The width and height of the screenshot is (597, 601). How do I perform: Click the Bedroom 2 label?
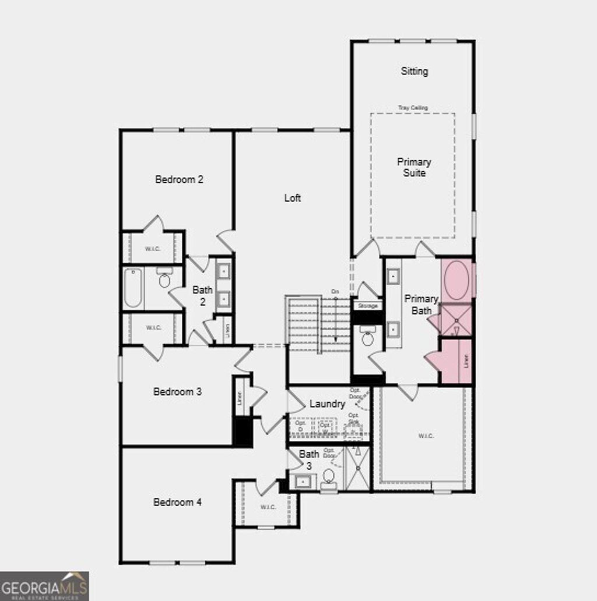pyautogui.click(x=179, y=179)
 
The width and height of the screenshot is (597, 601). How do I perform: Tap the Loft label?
pyautogui.click(x=293, y=198)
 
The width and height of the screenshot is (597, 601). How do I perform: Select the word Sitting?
pyautogui.click(x=415, y=71)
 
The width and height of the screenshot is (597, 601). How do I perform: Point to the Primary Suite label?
pyautogui.click(x=414, y=167)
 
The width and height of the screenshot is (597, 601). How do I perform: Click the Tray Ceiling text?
pyautogui.click(x=413, y=108)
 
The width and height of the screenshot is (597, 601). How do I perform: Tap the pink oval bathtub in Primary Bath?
pyautogui.click(x=456, y=280)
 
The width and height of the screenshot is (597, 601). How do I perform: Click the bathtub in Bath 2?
pyautogui.click(x=133, y=288)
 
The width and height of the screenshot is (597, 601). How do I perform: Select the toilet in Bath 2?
pyautogui.click(x=164, y=280)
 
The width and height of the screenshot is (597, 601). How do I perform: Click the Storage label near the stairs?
pyautogui.click(x=367, y=306)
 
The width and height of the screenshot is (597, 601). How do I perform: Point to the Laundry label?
pyautogui.click(x=327, y=404)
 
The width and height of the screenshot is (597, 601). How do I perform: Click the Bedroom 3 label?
pyautogui.click(x=177, y=392)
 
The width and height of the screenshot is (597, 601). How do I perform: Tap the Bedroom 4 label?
pyautogui.click(x=177, y=502)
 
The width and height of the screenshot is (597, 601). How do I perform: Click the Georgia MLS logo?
pyautogui.click(x=44, y=585)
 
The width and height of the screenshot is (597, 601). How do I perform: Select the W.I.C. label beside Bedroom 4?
pyautogui.click(x=268, y=507)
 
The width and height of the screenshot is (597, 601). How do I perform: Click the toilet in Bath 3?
pyautogui.click(x=329, y=477)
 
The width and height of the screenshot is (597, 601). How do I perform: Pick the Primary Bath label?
pyautogui.click(x=422, y=305)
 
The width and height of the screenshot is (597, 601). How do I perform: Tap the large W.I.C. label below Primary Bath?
pyautogui.click(x=426, y=436)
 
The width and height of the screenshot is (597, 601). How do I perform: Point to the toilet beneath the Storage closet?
pyautogui.click(x=368, y=337)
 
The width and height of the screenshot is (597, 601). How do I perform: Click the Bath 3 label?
pyautogui.click(x=309, y=459)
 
